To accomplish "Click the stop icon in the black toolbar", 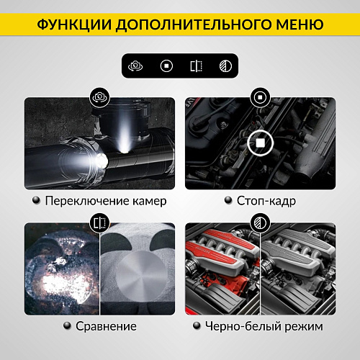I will [166, 66].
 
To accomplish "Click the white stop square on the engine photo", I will [257, 143].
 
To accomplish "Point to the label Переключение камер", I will [105, 201].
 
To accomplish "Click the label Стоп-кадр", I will [266, 201].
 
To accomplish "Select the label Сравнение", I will [106, 325].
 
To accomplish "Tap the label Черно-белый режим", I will [265, 325].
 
